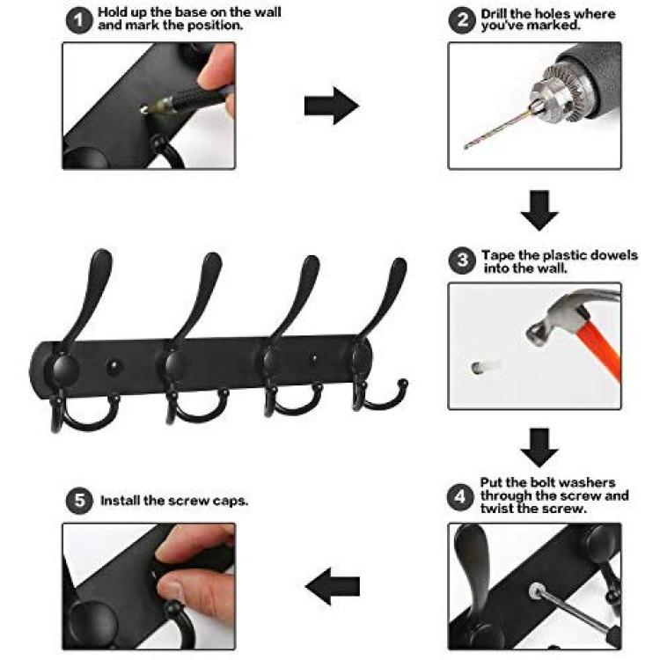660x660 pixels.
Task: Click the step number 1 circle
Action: point(79,20)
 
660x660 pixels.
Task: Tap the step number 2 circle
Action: point(462,20)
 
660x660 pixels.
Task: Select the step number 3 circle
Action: point(462,260)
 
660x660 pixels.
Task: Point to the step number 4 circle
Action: point(460,497)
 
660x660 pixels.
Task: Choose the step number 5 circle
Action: point(79,501)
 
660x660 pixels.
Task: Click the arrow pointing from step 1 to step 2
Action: point(332,106)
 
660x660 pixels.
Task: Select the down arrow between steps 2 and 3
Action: point(539,210)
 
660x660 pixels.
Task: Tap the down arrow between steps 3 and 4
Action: point(539,447)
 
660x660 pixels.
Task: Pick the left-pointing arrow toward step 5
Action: point(333,586)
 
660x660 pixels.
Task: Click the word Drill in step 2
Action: point(495,14)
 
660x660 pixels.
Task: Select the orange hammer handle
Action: point(601,348)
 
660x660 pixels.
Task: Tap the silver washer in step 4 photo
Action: point(536,590)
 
